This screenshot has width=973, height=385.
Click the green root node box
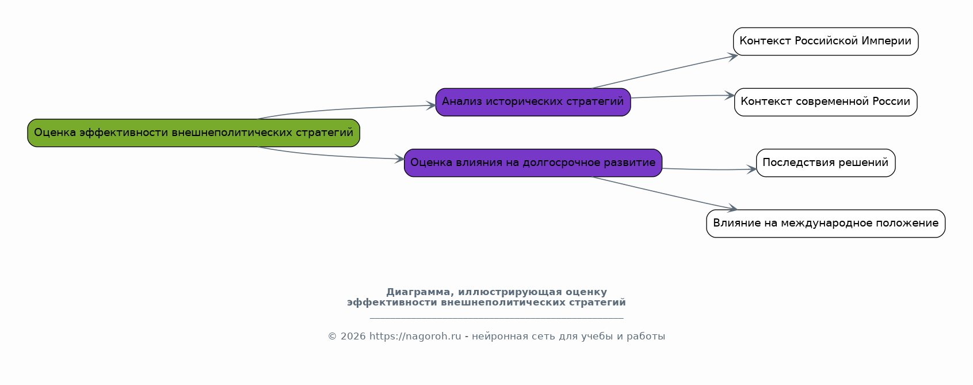[194, 133]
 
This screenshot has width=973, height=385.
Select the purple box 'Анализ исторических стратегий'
[533, 102]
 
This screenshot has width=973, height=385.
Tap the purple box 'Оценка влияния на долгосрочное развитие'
[533, 163]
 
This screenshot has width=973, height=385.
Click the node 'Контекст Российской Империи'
[826, 41]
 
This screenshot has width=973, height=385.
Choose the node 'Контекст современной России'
[826, 102]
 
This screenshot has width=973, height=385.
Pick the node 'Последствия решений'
[826, 163]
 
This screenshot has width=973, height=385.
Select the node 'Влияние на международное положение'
[826, 224]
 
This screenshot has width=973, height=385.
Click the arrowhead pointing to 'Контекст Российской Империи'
[733, 56]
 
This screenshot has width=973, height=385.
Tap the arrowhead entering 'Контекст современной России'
[730, 95]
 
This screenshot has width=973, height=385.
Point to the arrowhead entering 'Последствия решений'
[752, 169]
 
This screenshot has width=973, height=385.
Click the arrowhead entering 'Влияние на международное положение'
[733, 209]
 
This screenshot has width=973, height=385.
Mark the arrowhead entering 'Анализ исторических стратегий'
[431, 105]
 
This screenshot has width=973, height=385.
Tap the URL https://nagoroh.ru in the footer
[415, 336]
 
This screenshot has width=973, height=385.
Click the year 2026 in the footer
[353, 336]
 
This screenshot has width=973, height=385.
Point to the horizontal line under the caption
[497, 319]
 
